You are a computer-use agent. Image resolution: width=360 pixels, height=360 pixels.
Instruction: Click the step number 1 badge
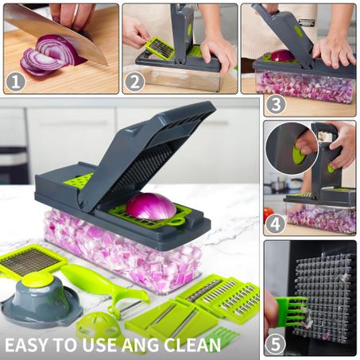[16, 82]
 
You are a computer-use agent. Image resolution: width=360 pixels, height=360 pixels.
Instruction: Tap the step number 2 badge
[135, 82]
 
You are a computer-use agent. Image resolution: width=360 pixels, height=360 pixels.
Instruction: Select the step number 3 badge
[276, 104]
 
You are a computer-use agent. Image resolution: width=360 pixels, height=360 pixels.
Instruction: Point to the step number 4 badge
[276, 224]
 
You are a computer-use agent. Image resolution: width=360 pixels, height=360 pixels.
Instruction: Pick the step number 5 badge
[276, 344]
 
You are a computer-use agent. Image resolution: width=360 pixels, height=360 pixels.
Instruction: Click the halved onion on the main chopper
[151, 207]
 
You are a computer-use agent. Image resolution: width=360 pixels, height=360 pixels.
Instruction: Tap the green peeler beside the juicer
[103, 288]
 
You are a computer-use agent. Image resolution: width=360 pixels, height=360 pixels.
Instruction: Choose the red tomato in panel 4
[269, 215]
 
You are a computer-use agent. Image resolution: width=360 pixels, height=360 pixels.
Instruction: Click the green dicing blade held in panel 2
[160, 48]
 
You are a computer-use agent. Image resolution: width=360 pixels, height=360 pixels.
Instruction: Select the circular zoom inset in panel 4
[292, 149]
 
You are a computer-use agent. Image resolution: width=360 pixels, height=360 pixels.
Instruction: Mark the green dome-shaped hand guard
[98, 327]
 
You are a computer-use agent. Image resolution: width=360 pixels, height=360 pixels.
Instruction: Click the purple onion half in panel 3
[282, 56]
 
